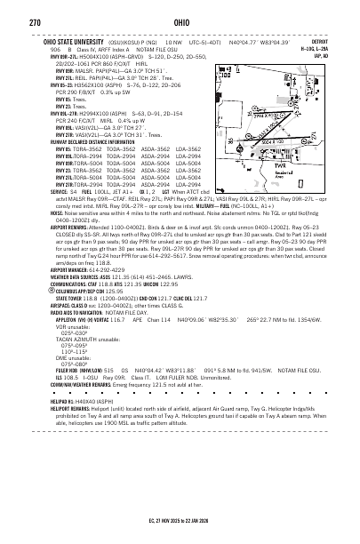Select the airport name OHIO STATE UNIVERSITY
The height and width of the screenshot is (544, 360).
(68, 40)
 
